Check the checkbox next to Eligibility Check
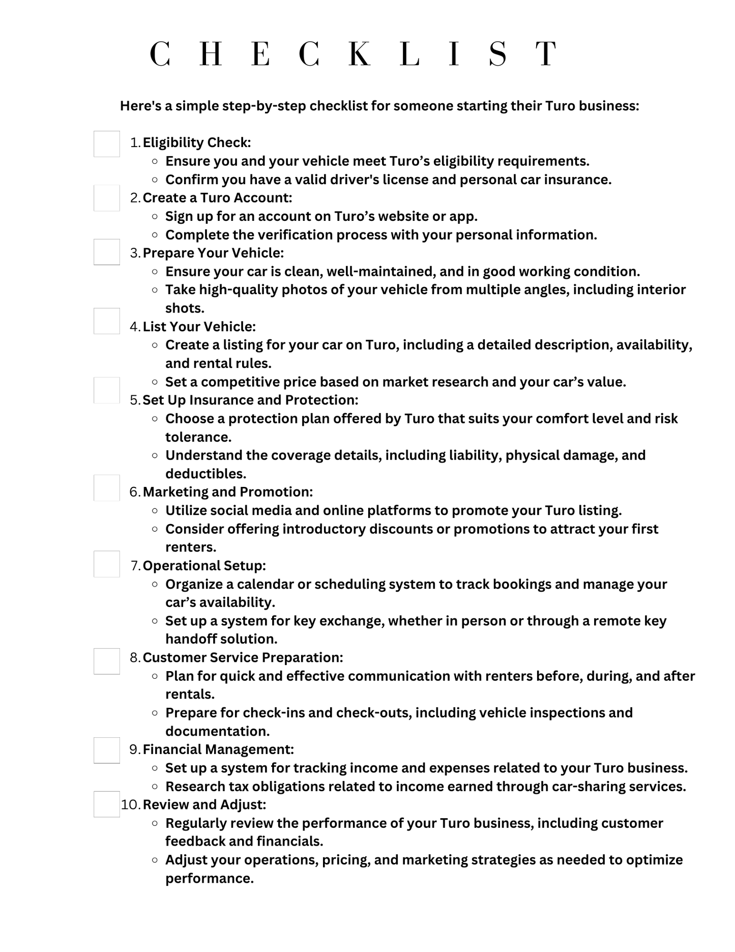point(107,144)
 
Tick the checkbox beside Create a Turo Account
point(107,198)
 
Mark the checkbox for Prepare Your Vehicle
point(107,252)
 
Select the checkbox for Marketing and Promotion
point(107,488)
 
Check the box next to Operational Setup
point(107,564)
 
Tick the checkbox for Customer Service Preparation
point(107,661)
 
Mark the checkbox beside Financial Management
point(107,751)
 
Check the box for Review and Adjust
point(107,804)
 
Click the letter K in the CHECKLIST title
point(360,54)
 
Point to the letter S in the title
point(497,54)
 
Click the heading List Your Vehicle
point(199,327)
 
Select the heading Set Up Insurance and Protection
point(250,400)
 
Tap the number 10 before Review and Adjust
point(130,805)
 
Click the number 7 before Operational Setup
point(135,566)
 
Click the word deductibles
point(205,474)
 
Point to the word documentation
point(217,731)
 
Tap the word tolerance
point(198,437)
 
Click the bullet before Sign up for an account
point(155,217)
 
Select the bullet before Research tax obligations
point(155,787)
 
